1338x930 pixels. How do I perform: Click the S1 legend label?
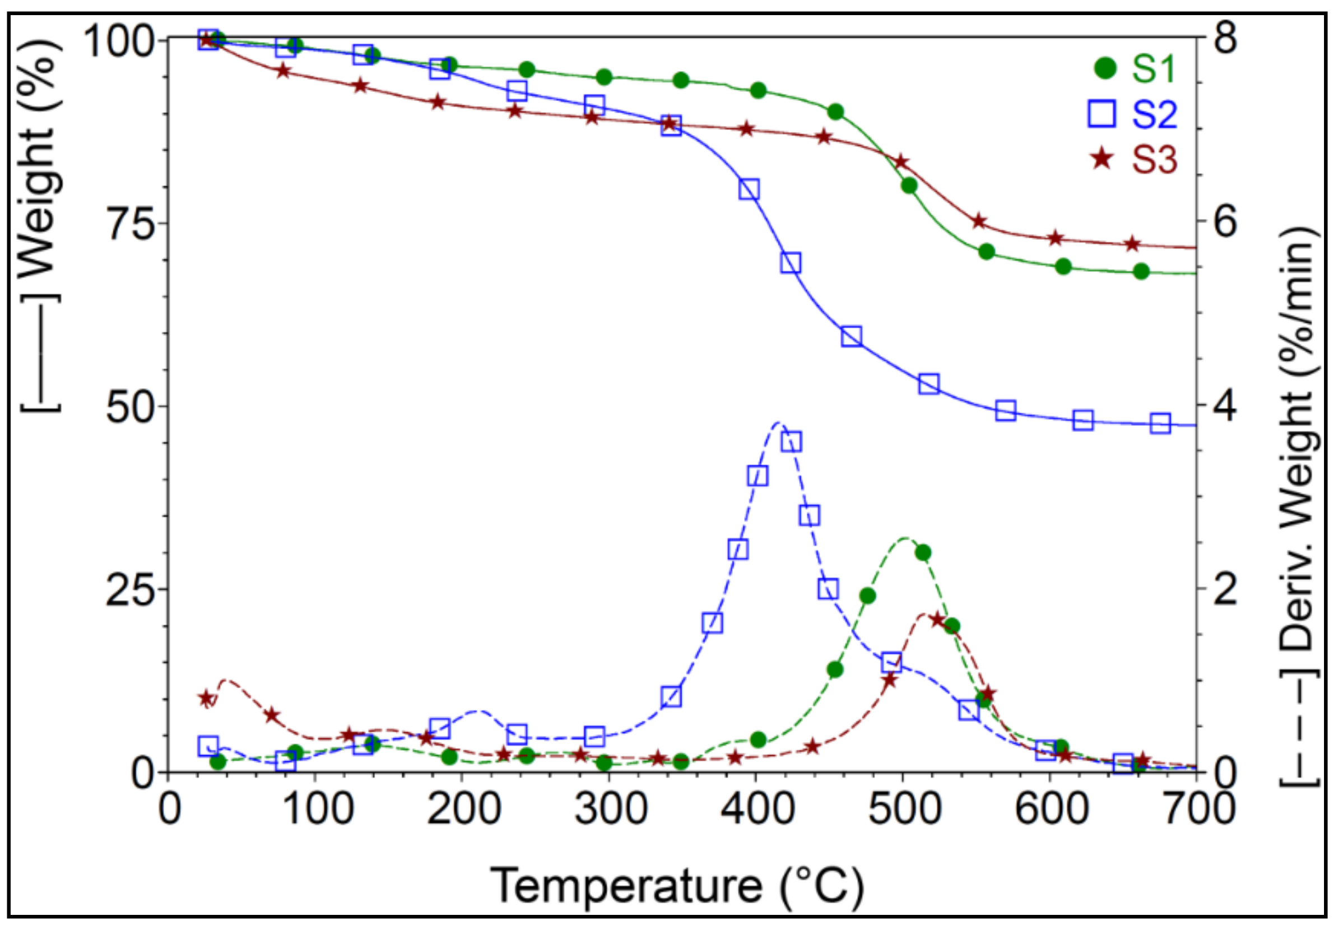(x=1154, y=69)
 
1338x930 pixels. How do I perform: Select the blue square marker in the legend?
(x=1102, y=114)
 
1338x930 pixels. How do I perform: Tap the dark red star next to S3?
(x=1102, y=158)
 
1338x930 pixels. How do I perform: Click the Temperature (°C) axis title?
(x=676, y=885)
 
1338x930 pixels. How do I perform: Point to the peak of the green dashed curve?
(x=904, y=538)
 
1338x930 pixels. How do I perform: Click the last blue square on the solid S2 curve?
(x=1160, y=424)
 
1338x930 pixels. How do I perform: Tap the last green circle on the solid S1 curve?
(x=1141, y=272)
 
